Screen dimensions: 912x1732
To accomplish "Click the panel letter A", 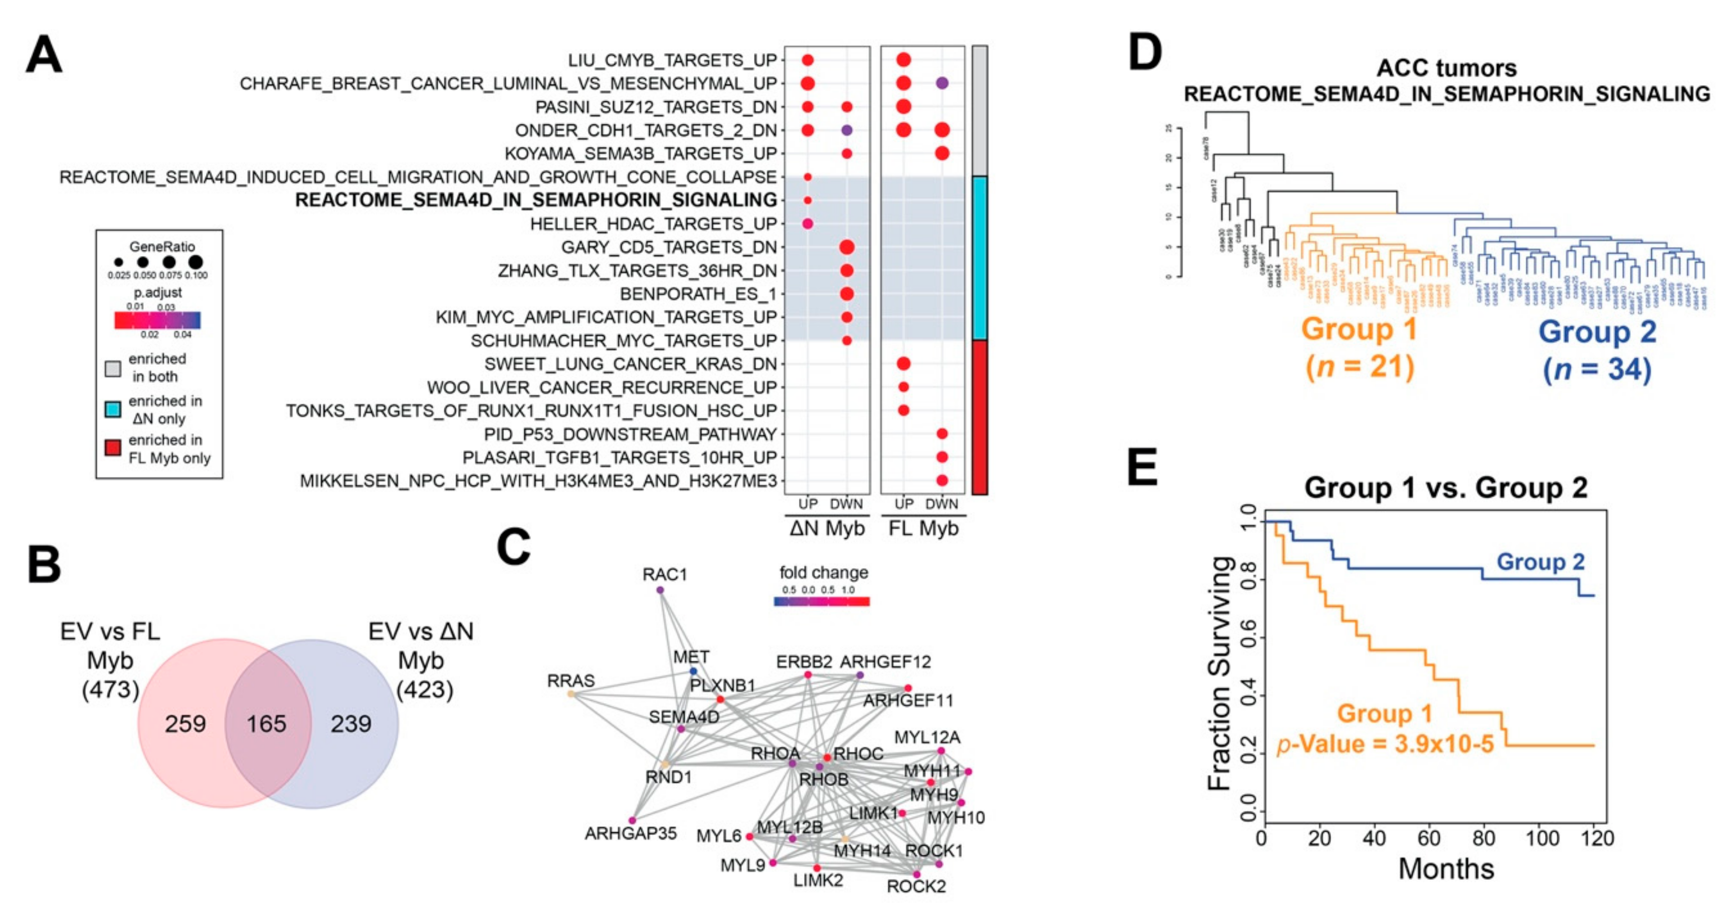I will [x=44, y=55].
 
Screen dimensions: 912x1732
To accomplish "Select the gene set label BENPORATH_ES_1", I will [x=698, y=294].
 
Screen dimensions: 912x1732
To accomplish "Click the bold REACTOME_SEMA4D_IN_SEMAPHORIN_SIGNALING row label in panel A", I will [x=536, y=200].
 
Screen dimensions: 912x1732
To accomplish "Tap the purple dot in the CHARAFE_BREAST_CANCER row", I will [x=942, y=83].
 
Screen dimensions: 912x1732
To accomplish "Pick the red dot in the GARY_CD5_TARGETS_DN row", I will [x=847, y=248].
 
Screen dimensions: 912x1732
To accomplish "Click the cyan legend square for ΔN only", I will [x=113, y=409].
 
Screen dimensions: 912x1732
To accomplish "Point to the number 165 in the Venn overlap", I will [x=266, y=724].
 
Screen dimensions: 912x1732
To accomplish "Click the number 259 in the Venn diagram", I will [x=185, y=724].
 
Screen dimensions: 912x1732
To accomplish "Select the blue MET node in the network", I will [x=693, y=671].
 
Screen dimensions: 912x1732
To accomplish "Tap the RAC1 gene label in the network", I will [x=664, y=575].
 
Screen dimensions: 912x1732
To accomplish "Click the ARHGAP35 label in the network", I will [x=630, y=833].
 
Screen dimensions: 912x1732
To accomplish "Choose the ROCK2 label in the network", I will [x=916, y=886].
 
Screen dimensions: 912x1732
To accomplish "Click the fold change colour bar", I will [x=822, y=601].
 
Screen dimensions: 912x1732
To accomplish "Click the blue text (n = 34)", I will [x=1597, y=370].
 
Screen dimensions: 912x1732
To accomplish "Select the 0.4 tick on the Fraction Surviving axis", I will [x=1249, y=695].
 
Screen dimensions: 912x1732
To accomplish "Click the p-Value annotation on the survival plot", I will [x=1385, y=744].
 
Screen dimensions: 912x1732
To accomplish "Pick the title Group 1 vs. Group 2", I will [x=1446, y=487].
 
